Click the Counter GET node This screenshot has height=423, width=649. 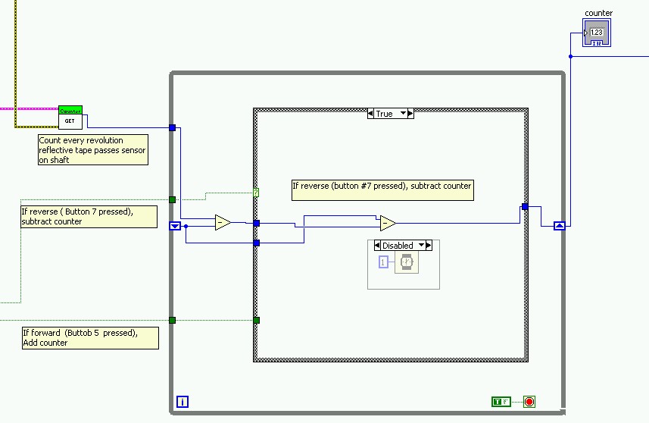point(70,117)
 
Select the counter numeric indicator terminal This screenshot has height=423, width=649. point(595,33)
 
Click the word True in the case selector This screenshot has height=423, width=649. point(385,114)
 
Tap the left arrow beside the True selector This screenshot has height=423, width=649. point(371,114)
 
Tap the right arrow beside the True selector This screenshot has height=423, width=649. point(410,114)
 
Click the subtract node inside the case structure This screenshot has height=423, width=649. point(388,223)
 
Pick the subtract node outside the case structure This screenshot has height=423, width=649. point(223,223)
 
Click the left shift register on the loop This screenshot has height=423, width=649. point(175,225)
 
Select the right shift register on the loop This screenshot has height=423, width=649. point(560,225)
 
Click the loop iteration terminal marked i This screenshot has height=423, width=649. point(182,402)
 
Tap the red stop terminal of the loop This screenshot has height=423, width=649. point(529,402)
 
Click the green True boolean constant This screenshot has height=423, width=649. point(500,402)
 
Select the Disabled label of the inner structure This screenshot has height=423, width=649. point(398,246)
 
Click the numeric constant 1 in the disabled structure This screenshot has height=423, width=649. point(383,262)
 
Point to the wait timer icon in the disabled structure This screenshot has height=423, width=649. point(407,262)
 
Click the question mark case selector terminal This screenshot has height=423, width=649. point(256,193)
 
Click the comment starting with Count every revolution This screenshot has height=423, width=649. point(93,150)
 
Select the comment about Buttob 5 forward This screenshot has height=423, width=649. point(90,337)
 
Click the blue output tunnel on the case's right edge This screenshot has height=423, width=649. point(525,206)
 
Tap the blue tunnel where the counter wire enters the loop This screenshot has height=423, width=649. point(173,128)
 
